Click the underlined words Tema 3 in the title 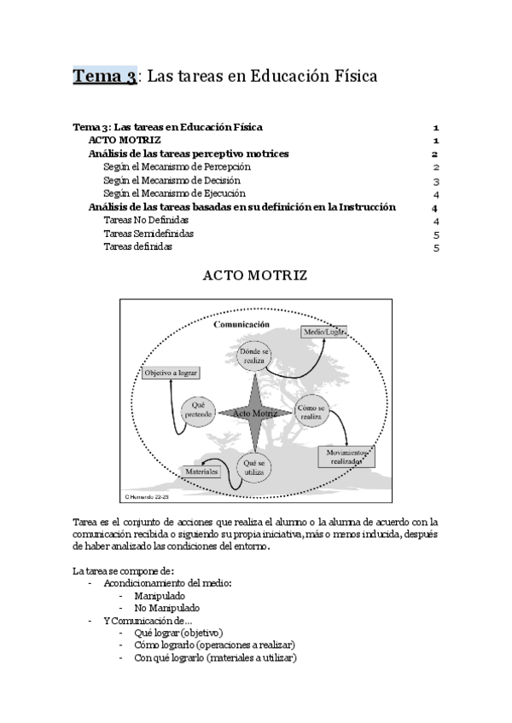click(x=104, y=77)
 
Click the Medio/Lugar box click(x=324, y=333)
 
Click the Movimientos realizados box click(x=345, y=456)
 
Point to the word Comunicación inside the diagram click(x=241, y=325)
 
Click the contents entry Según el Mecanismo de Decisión click(x=172, y=181)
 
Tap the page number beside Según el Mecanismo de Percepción click(x=435, y=167)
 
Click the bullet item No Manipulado click(x=166, y=608)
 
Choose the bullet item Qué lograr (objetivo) click(x=178, y=633)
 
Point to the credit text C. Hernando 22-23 click(x=148, y=495)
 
